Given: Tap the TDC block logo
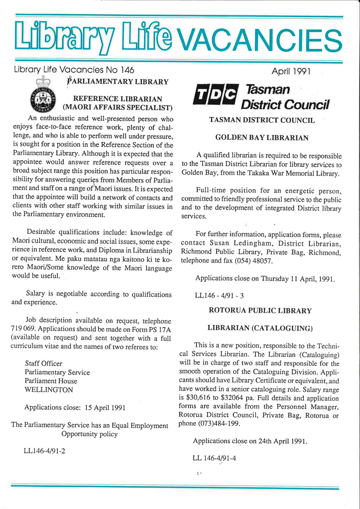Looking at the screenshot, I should [215, 95].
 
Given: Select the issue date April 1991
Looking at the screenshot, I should [291, 71].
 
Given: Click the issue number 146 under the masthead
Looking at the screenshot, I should [127, 70].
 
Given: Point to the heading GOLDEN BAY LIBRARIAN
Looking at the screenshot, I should [262, 138].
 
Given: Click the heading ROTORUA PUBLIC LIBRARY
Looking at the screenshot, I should [260, 311].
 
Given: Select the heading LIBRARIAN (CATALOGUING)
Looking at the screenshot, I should [260, 328].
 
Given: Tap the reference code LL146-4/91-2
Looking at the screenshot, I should [44, 451].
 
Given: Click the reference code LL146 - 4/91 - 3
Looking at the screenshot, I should [219, 296].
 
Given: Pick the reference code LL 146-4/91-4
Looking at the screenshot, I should [214, 458].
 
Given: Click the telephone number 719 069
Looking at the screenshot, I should [23, 329].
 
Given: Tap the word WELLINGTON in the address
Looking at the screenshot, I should [49, 390].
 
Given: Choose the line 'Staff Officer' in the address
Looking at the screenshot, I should [44, 363].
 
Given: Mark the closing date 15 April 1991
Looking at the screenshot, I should [105, 408].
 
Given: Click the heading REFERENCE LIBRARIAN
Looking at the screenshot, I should [117, 99].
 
